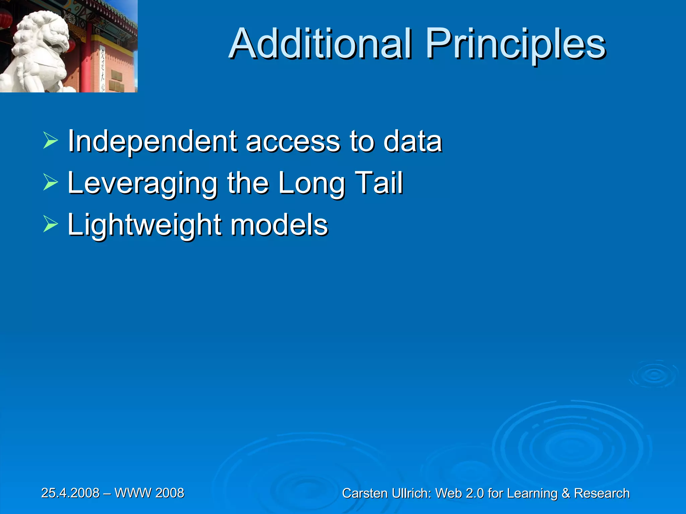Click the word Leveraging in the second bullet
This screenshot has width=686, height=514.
(x=143, y=183)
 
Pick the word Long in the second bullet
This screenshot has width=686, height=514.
(x=312, y=183)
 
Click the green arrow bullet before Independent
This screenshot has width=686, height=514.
(x=51, y=141)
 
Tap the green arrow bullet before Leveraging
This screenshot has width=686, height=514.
(x=51, y=183)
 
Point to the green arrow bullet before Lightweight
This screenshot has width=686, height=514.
(x=51, y=224)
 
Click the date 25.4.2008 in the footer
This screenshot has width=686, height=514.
(x=70, y=493)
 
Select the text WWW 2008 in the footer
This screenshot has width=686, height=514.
(x=149, y=493)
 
